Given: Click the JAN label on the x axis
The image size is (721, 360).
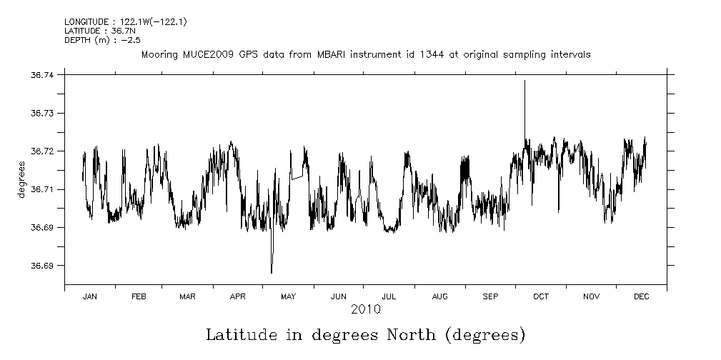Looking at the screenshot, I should click(x=89, y=296).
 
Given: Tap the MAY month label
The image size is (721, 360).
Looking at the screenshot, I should click(x=288, y=296).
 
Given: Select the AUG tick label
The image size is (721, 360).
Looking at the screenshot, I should click(x=440, y=296).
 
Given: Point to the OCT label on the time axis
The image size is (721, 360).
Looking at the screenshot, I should click(x=541, y=296).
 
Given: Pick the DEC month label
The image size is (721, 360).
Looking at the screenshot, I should click(x=641, y=296).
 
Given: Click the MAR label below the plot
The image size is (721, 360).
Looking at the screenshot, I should click(x=187, y=296).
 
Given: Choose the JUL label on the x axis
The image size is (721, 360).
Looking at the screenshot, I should click(x=389, y=296).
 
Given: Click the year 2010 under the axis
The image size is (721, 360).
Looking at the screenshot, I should click(x=365, y=309).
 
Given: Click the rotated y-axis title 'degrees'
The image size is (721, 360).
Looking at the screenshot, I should click(x=22, y=180).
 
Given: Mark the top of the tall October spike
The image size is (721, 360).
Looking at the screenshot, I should click(x=524, y=81).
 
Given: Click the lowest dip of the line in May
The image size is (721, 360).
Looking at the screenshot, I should click(x=272, y=273).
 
